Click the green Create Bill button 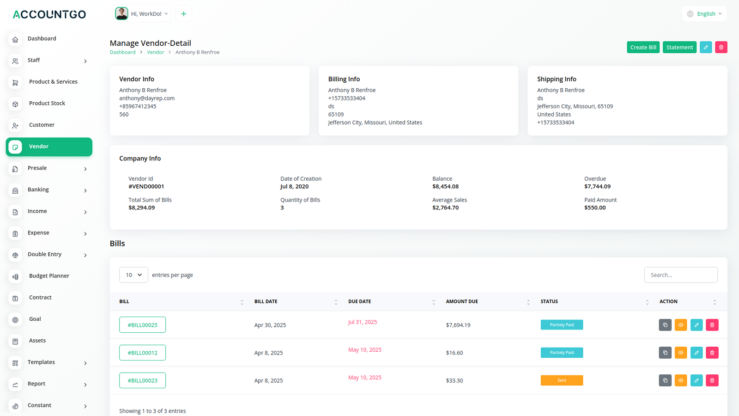[643, 47]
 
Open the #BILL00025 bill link [142, 325]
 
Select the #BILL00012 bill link [142, 353]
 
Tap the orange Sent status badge [562, 380]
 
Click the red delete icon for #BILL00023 [712, 380]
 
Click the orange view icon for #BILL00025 [681, 325]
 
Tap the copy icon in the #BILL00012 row [665, 353]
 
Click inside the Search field [681, 275]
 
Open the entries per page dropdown [133, 275]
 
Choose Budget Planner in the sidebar [49, 276]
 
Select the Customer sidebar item [42, 125]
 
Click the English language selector [704, 14]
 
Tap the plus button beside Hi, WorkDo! [183, 14]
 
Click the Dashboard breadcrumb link [122, 52]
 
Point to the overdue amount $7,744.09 [597, 187]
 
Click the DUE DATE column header [359, 301]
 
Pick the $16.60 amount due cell [454, 353]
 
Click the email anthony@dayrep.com [147, 98]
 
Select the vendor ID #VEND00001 [146, 187]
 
